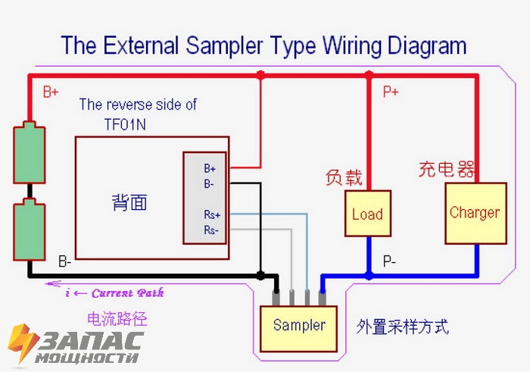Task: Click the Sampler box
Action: (x=298, y=327)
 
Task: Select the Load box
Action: (x=367, y=214)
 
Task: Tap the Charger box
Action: (x=475, y=213)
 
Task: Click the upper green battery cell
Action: (x=30, y=152)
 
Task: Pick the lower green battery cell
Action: (x=30, y=230)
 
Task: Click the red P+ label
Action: (x=391, y=92)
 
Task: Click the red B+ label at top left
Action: (x=51, y=92)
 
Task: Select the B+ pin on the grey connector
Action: (x=210, y=168)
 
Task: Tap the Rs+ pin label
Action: (x=212, y=215)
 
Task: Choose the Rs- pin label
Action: (x=211, y=230)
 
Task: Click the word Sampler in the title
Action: (x=226, y=45)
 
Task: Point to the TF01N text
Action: (x=126, y=123)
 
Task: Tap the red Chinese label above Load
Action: (x=344, y=177)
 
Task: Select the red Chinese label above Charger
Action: (x=447, y=168)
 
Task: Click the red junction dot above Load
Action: (x=369, y=75)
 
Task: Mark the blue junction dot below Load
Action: (x=369, y=276)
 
